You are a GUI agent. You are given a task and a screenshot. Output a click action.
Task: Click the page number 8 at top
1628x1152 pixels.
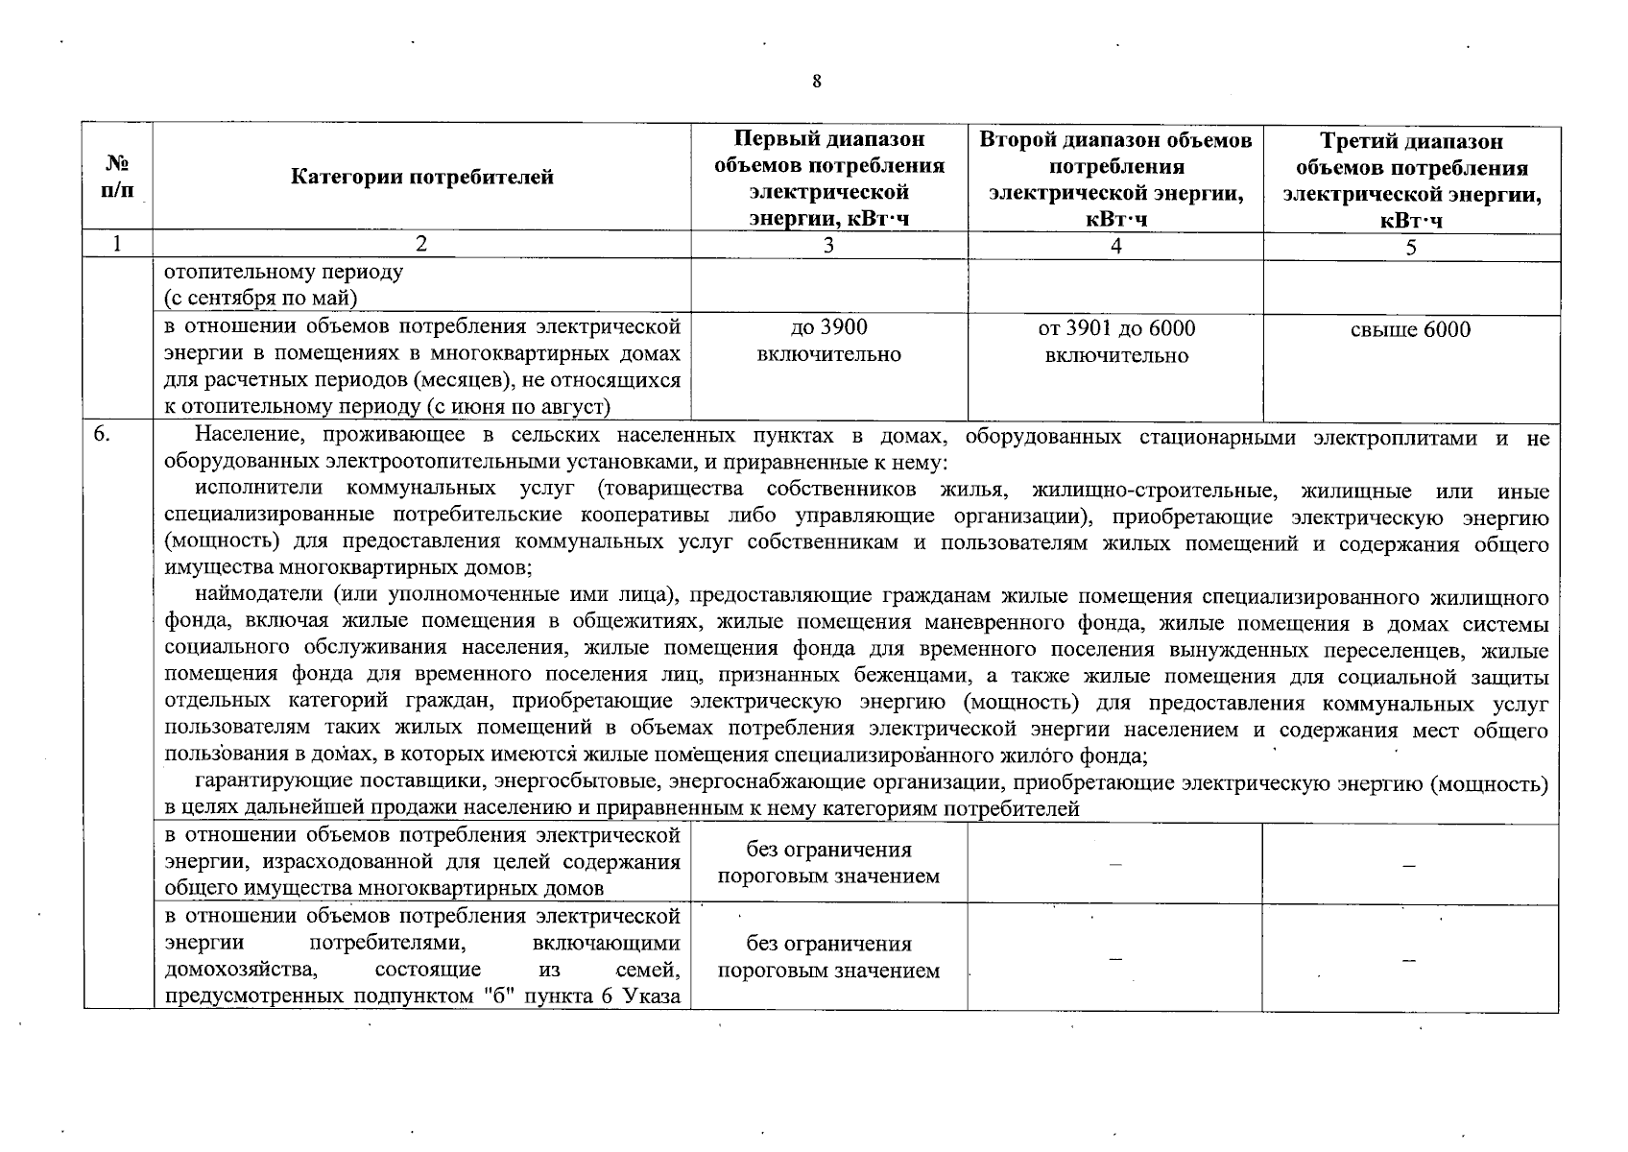tap(816, 82)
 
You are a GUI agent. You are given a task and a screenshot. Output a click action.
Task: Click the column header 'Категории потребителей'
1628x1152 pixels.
tap(421, 177)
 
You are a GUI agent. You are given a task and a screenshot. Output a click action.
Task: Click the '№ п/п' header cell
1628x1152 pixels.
tap(117, 177)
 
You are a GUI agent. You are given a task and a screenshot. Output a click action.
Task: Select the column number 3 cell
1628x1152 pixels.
tap(828, 246)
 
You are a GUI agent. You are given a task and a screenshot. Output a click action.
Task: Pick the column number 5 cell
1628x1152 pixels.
tap(1411, 247)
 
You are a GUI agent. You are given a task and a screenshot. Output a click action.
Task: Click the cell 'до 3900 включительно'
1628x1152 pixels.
tap(828, 342)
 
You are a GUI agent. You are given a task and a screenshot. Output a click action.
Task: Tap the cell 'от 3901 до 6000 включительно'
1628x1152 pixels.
tap(1116, 342)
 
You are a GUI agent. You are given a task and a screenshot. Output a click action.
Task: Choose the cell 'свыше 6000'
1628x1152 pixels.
tap(1410, 330)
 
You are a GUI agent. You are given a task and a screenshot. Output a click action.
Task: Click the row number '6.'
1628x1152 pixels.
tap(103, 437)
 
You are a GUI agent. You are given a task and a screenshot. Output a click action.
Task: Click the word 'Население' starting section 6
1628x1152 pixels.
tap(237, 438)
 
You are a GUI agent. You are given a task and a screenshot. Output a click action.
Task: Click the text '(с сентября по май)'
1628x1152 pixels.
tap(261, 298)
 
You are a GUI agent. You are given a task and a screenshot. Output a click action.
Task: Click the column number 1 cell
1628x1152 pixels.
tap(117, 246)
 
